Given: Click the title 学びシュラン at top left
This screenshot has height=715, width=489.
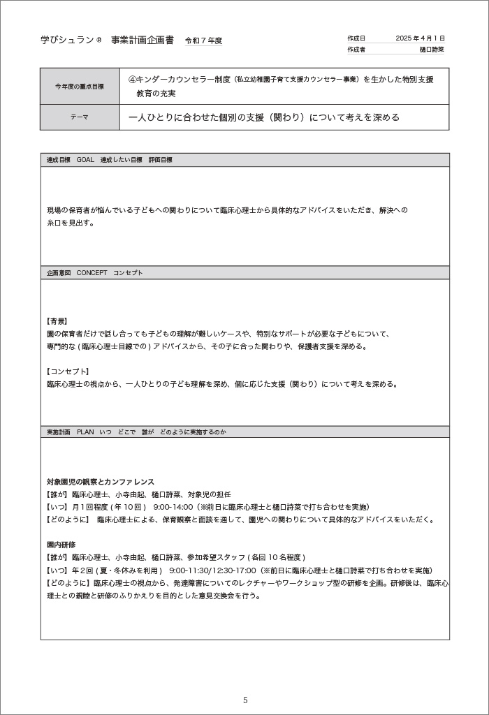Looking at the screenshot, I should pyautogui.click(x=67, y=40).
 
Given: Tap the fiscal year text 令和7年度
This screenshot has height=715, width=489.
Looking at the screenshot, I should pyautogui.click(x=203, y=40).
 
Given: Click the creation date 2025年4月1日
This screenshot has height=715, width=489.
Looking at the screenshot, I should pyautogui.click(x=420, y=38).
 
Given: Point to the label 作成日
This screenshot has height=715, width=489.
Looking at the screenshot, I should pyautogui.click(x=356, y=38).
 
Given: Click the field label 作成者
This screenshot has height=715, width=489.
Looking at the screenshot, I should pyautogui.click(x=356, y=50).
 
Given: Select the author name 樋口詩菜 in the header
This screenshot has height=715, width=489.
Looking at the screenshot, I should pyautogui.click(x=432, y=50).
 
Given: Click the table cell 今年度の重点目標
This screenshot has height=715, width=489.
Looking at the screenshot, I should pyautogui.click(x=80, y=87).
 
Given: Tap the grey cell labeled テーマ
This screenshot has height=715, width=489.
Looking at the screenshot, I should pyautogui.click(x=80, y=117).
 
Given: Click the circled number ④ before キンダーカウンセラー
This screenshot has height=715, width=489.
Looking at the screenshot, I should pyautogui.click(x=133, y=80).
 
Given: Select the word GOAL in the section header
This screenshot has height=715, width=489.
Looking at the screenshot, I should pyautogui.click(x=85, y=160).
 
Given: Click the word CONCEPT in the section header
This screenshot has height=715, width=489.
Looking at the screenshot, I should pyautogui.click(x=92, y=273).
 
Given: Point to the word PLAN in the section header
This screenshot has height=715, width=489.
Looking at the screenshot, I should pyautogui.click(x=85, y=432).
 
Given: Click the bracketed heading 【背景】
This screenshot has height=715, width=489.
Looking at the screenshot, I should pyautogui.click(x=57, y=321).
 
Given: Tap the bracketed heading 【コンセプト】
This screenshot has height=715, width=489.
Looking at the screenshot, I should pyautogui.click(x=68, y=371).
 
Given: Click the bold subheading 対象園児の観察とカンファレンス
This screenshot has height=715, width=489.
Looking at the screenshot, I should pyautogui.click(x=101, y=482).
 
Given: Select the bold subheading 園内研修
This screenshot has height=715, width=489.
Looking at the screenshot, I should pyautogui.click(x=61, y=545).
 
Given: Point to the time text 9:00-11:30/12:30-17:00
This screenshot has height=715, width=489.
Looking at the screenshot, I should pyautogui.click(x=208, y=570).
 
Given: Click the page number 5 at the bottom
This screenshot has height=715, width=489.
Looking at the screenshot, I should pyautogui.click(x=245, y=700).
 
